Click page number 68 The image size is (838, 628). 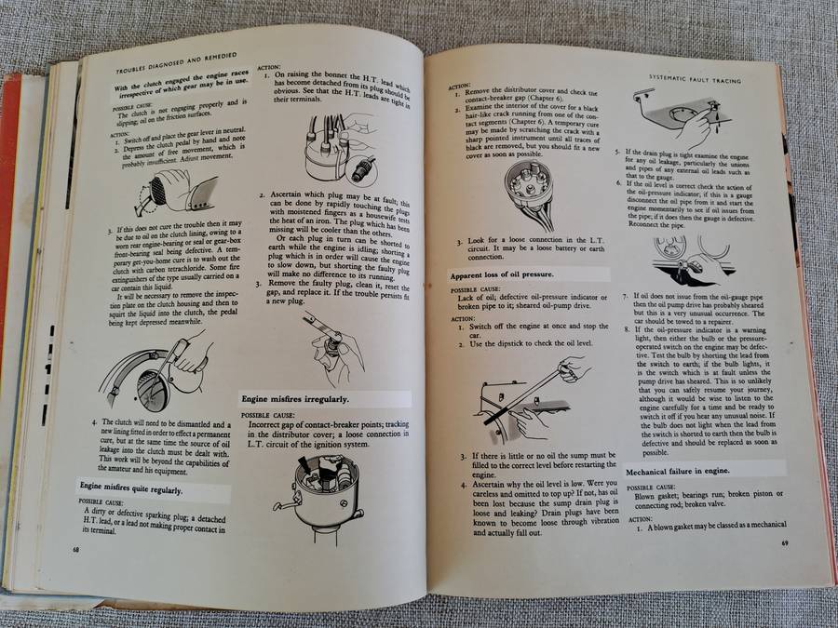(75, 549)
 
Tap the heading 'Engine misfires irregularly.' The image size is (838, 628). (295, 398)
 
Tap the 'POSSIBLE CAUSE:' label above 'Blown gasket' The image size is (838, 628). (649, 488)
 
